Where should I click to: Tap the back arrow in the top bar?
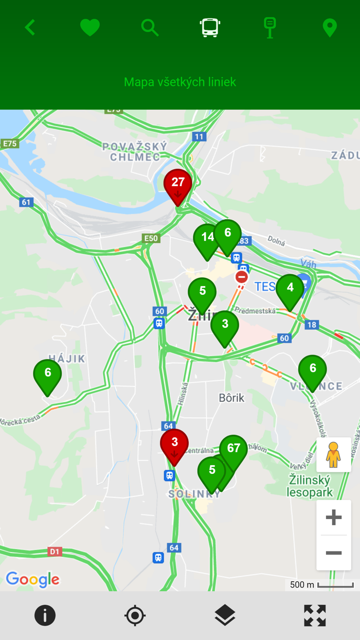click(x=30, y=27)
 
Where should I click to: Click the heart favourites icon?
click(x=90, y=27)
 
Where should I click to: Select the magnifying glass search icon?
click(x=150, y=27)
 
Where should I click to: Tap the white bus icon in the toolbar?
click(x=210, y=27)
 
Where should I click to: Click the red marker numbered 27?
click(x=178, y=185)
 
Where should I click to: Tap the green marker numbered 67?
click(x=233, y=450)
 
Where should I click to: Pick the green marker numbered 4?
click(x=290, y=290)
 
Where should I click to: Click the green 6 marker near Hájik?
click(x=47, y=375)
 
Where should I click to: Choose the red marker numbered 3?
click(x=174, y=444)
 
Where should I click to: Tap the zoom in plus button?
click(x=334, y=517)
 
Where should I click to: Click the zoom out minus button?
click(x=334, y=553)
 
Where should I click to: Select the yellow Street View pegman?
click(x=334, y=455)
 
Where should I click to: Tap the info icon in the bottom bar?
click(x=45, y=615)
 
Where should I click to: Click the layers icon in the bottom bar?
click(x=225, y=615)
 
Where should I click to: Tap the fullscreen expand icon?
click(x=315, y=615)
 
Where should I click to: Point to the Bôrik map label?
click(x=232, y=398)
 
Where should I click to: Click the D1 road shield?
click(x=55, y=552)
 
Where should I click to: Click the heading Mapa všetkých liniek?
click(x=180, y=82)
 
